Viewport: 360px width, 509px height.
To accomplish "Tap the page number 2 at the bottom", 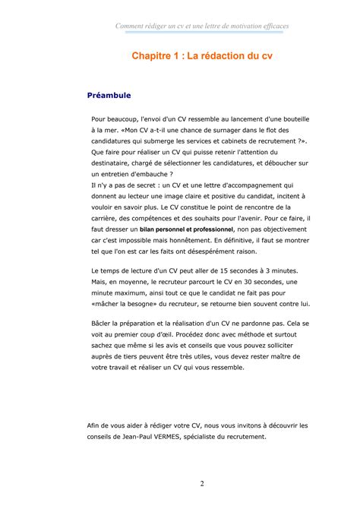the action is (202, 484).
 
